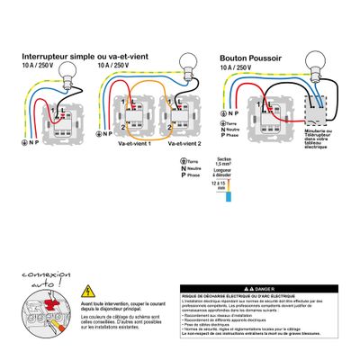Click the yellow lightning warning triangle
pos(87,292)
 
